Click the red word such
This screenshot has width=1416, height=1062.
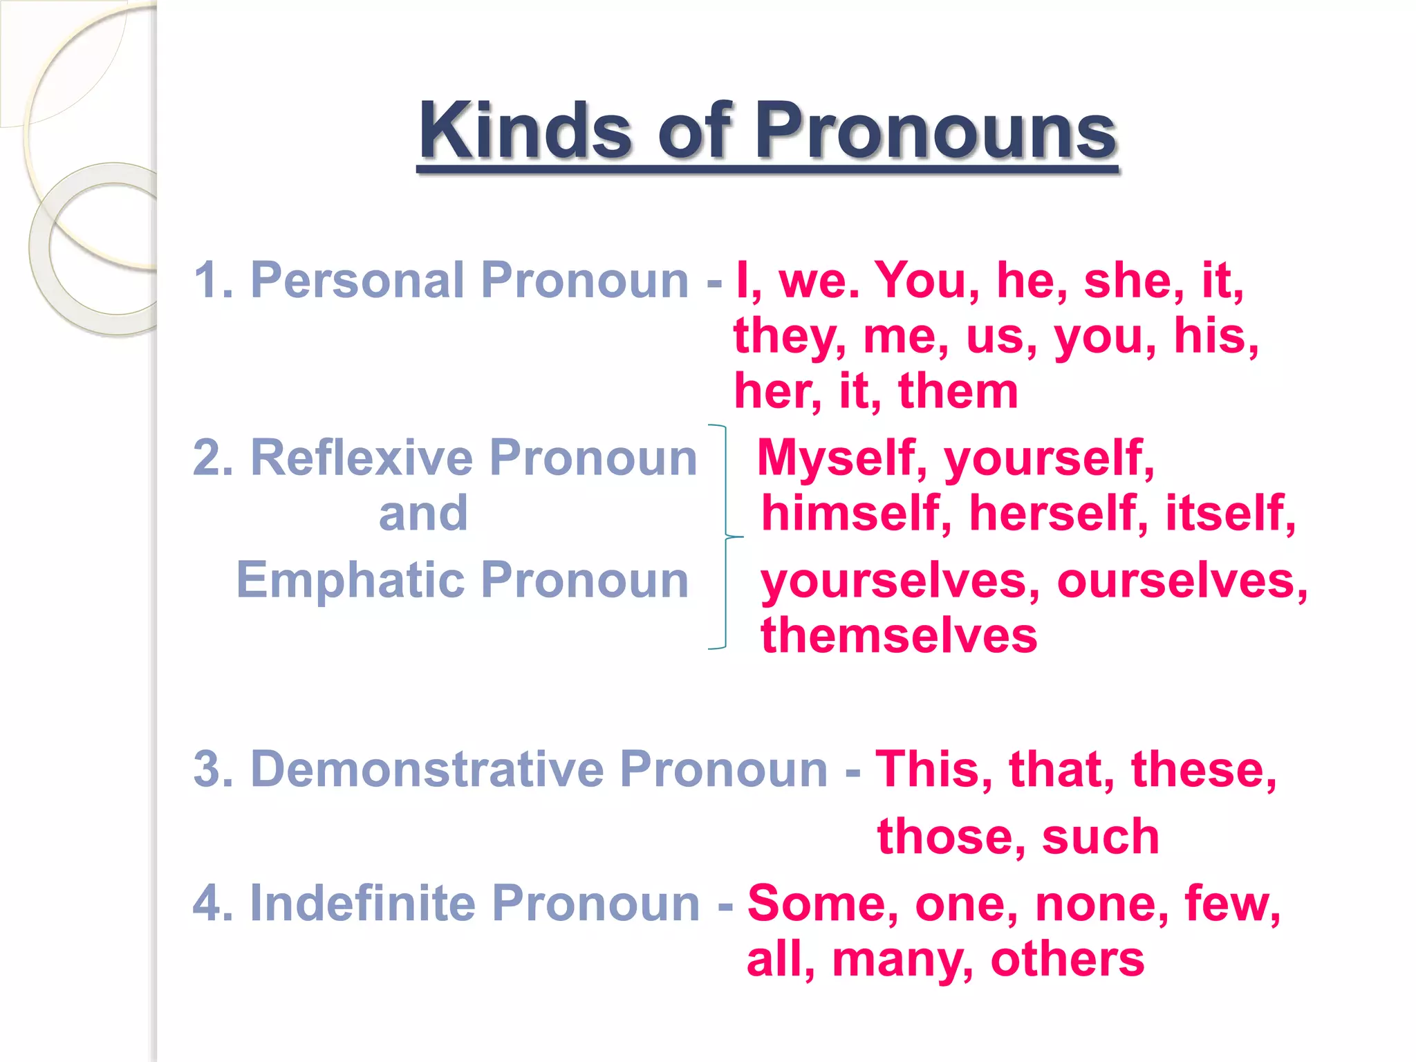(x=1100, y=837)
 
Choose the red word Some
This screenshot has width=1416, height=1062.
(x=823, y=903)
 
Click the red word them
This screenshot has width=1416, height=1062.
(x=958, y=391)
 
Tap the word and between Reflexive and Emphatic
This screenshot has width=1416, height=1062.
(x=423, y=513)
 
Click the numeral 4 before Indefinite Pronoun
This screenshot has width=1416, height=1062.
(x=206, y=903)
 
